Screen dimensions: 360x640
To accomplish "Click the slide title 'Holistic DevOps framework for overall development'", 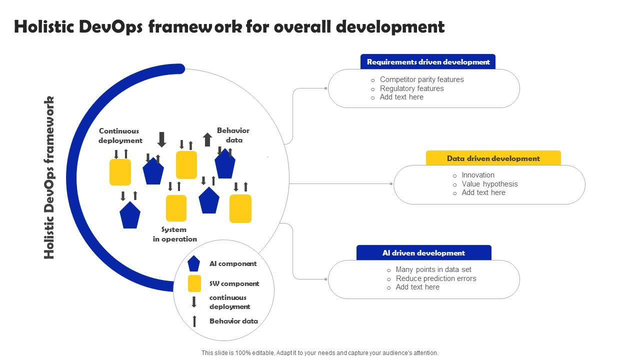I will pos(229,26).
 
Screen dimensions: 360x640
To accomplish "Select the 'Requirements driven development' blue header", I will pos(428,62).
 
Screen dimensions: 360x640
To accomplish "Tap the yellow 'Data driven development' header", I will pos(493,158).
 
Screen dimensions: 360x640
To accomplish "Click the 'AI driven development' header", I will pos(423,253).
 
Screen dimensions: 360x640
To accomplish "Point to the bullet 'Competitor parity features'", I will pos(421,79).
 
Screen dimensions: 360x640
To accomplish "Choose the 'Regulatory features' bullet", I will pos(411,88).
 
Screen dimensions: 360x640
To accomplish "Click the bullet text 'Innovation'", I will pos(478,175).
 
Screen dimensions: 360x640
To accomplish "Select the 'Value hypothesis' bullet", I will pos(489,184).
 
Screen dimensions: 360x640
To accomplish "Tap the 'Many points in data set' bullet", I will pos(433,269).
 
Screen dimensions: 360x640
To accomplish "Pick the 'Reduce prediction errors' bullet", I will pos(436,278).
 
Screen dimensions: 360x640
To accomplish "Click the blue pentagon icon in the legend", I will pos(194,263).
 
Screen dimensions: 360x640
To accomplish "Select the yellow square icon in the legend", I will pos(194,283).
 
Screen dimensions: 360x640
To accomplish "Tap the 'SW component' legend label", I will pos(234,283).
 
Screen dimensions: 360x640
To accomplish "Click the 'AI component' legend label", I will pos(233,263).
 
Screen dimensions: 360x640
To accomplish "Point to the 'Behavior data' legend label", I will pos(233,321).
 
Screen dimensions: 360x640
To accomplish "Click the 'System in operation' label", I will pos(174,234).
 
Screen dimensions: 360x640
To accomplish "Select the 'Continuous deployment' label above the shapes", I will pos(120,136).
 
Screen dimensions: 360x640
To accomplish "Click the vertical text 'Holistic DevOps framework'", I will pos(49,177).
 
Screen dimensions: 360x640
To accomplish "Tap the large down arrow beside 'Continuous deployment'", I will pos(161,139).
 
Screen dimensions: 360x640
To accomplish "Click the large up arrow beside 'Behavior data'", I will pos(207,139).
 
